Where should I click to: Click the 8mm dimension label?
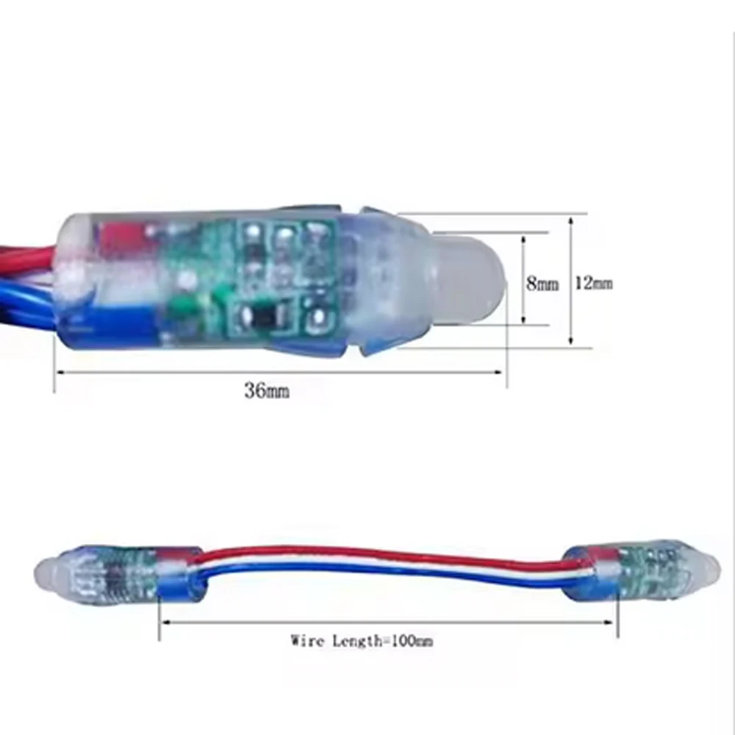click(x=542, y=284)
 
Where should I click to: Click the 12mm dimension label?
click(x=593, y=282)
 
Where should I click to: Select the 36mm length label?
click(x=267, y=392)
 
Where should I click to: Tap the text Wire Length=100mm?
click(x=362, y=641)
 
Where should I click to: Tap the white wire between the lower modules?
click(x=382, y=564)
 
